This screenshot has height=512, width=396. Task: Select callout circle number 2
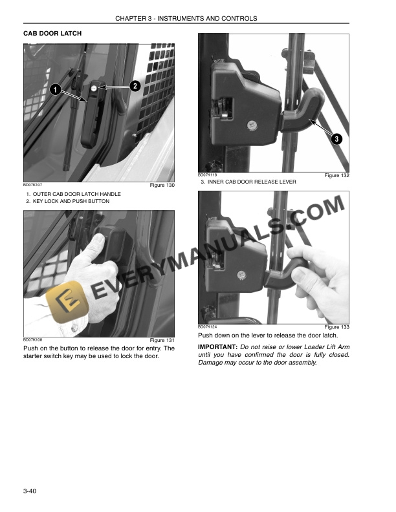pos(135,85)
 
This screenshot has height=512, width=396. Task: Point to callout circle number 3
pos(336,139)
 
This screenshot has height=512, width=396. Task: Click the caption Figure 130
pos(162,186)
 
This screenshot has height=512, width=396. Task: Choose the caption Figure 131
pos(162,341)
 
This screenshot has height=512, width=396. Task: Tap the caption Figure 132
pos(336,176)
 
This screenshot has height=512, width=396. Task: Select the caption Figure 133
pos(336,327)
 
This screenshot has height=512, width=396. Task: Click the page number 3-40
pos(31,494)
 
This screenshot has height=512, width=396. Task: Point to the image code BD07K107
pos(33,186)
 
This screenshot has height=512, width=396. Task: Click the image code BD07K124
pos(208,326)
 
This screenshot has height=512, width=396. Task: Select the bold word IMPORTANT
pos(217,348)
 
